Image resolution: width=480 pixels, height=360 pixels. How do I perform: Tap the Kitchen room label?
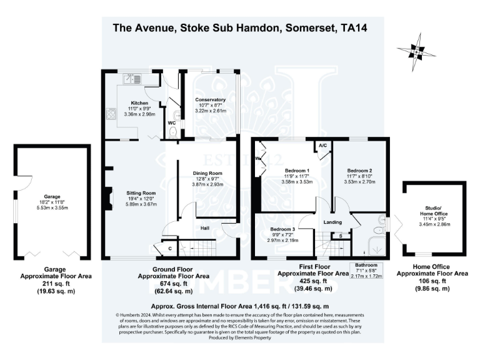pyautogui.click(x=139, y=102)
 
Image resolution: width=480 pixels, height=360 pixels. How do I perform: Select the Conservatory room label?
pyautogui.click(x=210, y=99)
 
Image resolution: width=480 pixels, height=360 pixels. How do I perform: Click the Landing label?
pyautogui.click(x=331, y=221)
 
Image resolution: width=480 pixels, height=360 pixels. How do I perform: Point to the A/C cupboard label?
pyautogui.click(x=322, y=146)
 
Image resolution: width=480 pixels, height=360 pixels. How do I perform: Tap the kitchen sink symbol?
pyautogui.click(x=134, y=79)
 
